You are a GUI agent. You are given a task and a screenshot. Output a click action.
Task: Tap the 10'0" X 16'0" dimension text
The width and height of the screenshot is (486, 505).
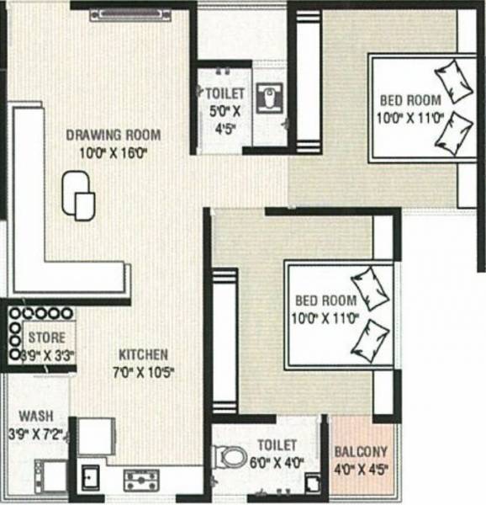tap(114, 153)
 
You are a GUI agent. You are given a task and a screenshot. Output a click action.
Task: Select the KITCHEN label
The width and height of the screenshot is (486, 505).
tap(143, 354)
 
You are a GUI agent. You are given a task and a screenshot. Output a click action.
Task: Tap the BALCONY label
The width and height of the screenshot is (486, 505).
tap(361, 450)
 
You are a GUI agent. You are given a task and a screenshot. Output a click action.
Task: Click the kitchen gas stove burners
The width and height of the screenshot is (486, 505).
tap(141, 481)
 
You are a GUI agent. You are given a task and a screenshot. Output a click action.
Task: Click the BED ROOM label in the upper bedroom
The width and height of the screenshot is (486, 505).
tap(408, 100)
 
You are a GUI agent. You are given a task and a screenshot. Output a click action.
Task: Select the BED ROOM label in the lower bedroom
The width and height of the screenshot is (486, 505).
tap(325, 300)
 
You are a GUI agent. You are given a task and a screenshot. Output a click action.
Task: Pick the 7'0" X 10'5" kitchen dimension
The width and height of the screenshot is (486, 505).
tap(143, 371)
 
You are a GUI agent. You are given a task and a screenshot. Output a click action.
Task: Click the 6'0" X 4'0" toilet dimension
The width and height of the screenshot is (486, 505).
tap(278, 461)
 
